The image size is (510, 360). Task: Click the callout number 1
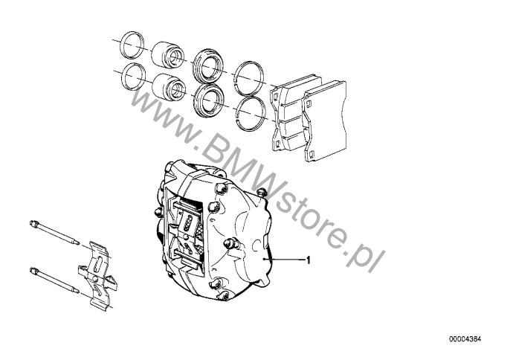[x=309, y=260]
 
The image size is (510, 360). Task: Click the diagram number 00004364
[x=465, y=339]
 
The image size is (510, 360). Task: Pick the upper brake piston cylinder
[x=168, y=53]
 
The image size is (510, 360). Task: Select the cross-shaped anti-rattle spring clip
[x=97, y=277]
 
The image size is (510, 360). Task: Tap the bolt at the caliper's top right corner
[x=261, y=193]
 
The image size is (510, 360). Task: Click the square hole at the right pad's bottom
[x=312, y=154]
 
